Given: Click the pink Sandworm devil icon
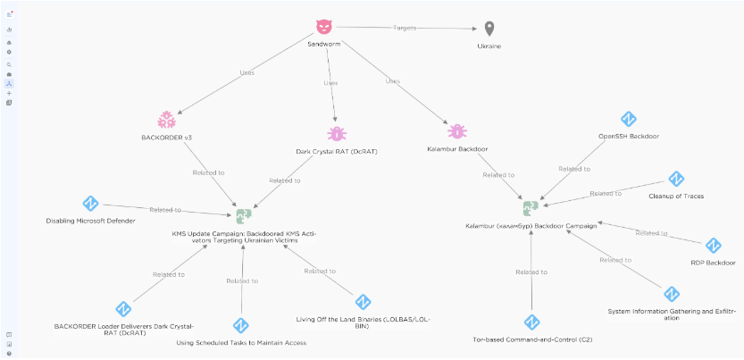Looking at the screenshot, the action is (x=325, y=27).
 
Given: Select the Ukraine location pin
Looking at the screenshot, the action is (x=489, y=29).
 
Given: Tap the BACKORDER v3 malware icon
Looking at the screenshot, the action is (x=167, y=120).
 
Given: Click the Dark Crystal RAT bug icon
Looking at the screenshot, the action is (x=337, y=134).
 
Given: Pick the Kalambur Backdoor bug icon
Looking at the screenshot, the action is (x=457, y=131).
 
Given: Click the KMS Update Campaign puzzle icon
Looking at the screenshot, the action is (x=244, y=216).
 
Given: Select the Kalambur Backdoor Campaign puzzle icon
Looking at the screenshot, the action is (x=531, y=208).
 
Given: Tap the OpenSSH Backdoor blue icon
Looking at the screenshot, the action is (x=629, y=119).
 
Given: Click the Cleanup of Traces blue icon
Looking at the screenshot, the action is (x=675, y=179).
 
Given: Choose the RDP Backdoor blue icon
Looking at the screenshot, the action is (x=713, y=246).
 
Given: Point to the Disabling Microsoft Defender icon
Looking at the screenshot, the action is (x=90, y=204).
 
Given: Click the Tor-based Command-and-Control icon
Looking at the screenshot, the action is (x=532, y=322).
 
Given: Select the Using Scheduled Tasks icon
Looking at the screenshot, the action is (x=241, y=326).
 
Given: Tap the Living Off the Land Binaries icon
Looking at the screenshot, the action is (x=363, y=302).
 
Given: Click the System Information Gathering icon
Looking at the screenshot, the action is (x=672, y=294).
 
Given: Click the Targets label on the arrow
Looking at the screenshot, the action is (x=405, y=28).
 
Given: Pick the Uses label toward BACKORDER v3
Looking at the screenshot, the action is (x=247, y=73).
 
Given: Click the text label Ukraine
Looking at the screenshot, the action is (x=489, y=46).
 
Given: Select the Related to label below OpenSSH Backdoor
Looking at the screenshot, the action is (x=574, y=169).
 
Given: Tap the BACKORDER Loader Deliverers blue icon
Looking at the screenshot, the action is (x=123, y=309).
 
